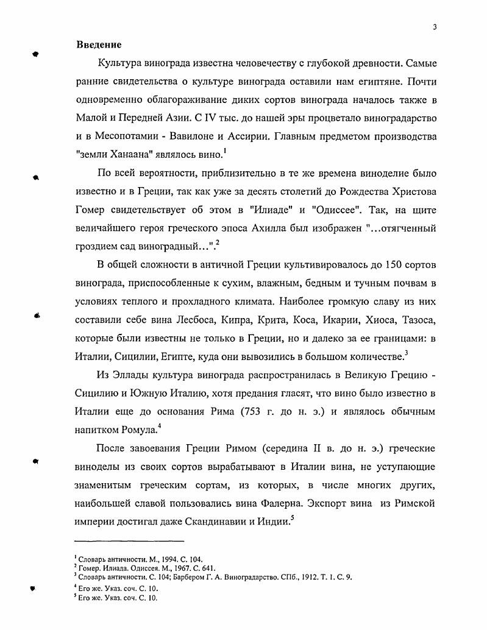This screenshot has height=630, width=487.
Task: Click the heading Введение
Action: [99, 45]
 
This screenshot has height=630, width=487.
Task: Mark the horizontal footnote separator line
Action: [129, 540]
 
